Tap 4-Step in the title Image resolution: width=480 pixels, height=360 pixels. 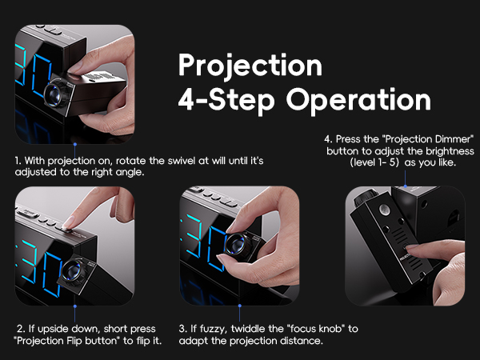pos(227,100)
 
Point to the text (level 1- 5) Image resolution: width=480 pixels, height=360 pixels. pos(376,162)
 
